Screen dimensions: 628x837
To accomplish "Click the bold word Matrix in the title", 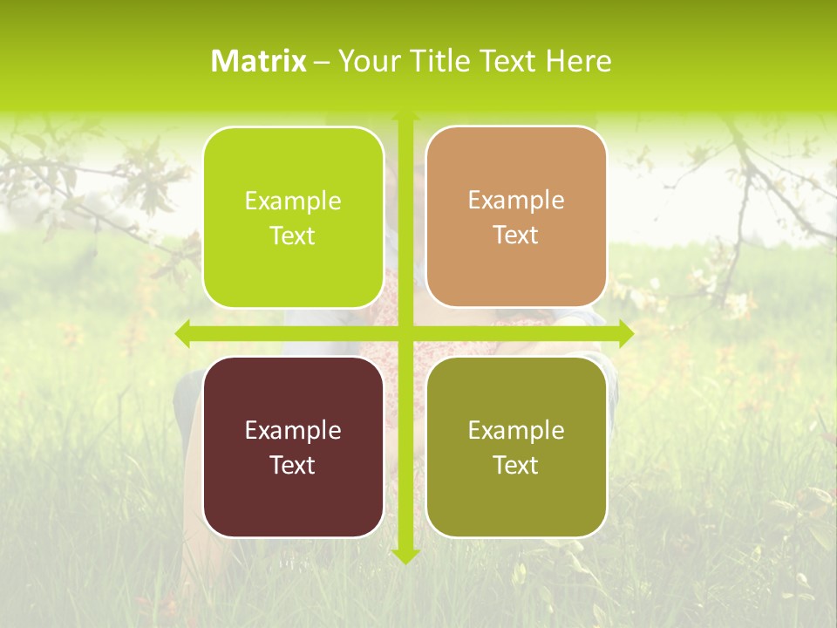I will [x=259, y=61].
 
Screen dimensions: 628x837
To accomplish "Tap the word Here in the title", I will [x=578, y=61].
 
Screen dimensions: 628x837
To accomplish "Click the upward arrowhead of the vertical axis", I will [x=405, y=117].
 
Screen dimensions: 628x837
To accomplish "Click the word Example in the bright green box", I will [x=293, y=201].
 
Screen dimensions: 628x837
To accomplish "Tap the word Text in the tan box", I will [x=516, y=235].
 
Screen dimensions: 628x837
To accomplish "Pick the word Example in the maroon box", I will [x=293, y=430].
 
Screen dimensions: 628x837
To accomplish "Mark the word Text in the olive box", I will [x=516, y=465].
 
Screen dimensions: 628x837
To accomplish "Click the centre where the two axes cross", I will [x=405, y=333].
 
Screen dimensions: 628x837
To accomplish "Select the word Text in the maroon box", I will [x=293, y=465].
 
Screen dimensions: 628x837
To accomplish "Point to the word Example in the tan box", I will [x=516, y=201].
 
